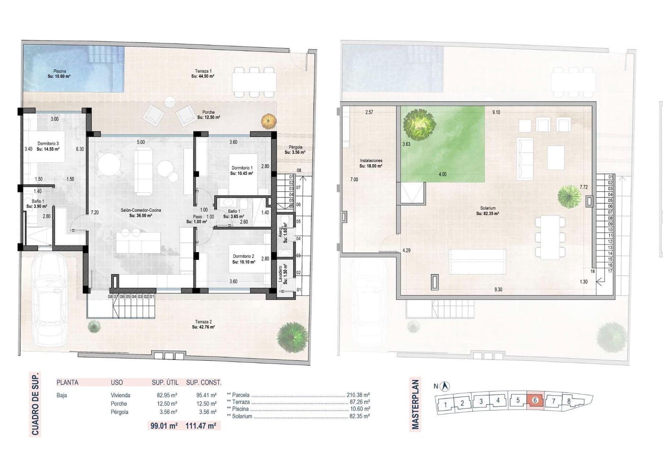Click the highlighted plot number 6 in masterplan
pos(535,400)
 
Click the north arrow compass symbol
pos(446,386)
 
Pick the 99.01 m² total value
pos(164,425)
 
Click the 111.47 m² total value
pos(201,425)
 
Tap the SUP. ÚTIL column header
pos(165,382)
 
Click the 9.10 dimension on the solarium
pos(496,112)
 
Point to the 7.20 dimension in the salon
pos(94,212)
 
